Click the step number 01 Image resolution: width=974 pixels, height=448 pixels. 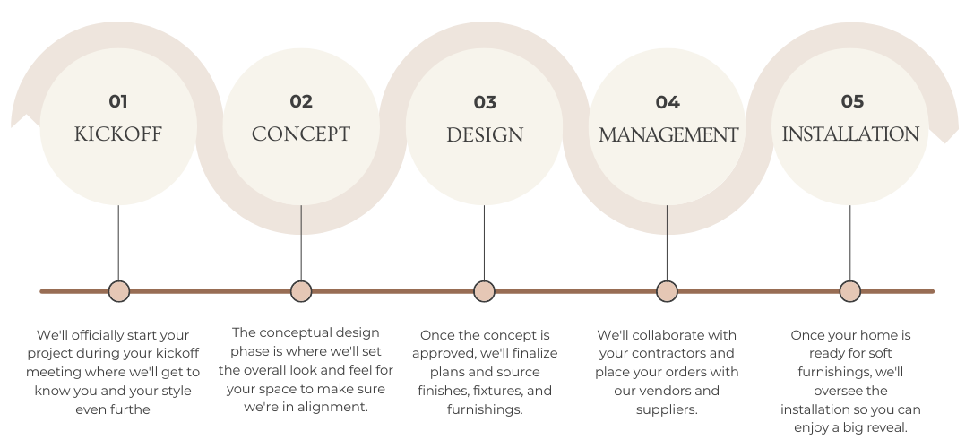(x=118, y=101)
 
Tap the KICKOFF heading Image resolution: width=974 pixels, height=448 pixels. (x=118, y=134)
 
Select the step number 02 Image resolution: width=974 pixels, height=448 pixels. (x=301, y=101)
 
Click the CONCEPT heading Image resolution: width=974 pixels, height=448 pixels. (x=301, y=134)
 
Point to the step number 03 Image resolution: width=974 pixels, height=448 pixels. (x=485, y=102)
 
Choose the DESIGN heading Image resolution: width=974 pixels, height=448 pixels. (x=485, y=135)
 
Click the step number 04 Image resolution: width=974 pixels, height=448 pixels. (x=668, y=102)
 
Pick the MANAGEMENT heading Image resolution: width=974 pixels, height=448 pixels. (x=668, y=135)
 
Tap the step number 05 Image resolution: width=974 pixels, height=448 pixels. (x=851, y=101)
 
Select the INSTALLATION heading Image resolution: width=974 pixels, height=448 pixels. (x=850, y=134)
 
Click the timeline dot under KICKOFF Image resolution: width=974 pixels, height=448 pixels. (x=118, y=291)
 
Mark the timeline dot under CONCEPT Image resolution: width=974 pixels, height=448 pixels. (x=301, y=291)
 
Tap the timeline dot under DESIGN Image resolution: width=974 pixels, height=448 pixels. (x=484, y=291)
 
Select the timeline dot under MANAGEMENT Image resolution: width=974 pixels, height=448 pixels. (x=667, y=291)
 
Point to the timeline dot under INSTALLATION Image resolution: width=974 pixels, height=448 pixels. (x=850, y=291)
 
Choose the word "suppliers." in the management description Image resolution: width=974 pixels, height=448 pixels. (x=666, y=409)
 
